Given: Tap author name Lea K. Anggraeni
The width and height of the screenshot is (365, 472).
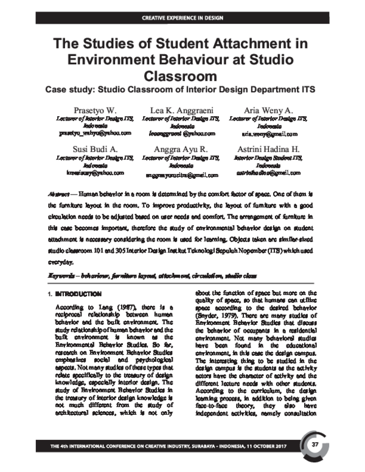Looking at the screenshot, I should [182, 109].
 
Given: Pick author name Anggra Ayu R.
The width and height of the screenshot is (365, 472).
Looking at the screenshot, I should [182, 149].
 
